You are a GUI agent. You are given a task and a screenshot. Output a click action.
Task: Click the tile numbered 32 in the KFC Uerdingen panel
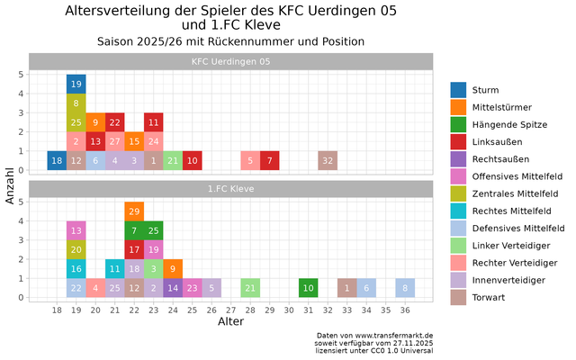point(328,161)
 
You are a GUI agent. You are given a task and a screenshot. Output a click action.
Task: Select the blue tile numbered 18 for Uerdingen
point(57,161)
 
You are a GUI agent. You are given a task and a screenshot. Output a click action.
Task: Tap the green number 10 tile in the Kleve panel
point(308,288)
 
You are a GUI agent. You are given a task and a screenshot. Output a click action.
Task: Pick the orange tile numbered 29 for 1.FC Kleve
point(134,211)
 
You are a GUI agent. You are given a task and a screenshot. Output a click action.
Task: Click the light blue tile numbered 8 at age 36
point(405,288)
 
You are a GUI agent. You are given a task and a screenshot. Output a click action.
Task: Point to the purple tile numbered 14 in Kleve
point(173,288)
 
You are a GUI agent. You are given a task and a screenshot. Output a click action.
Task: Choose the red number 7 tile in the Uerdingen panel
point(269,161)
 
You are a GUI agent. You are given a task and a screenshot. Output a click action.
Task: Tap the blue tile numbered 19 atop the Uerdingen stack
point(76,85)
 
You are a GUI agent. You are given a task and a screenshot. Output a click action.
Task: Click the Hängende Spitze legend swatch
point(459,124)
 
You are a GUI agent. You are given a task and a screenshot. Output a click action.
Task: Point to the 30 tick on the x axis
point(289,310)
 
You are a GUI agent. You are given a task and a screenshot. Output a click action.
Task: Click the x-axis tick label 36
point(405,310)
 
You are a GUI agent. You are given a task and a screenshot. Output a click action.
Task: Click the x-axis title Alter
point(230,321)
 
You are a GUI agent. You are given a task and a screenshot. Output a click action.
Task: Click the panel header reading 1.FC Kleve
point(230,189)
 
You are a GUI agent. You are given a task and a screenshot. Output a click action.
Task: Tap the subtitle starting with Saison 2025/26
point(230,41)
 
